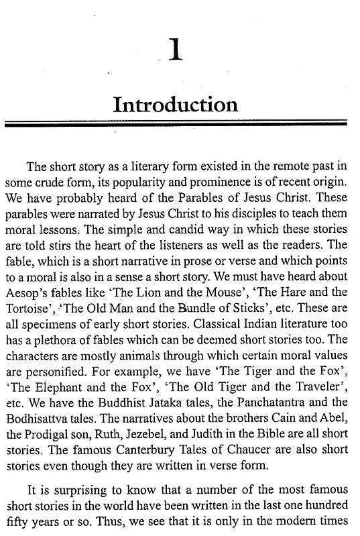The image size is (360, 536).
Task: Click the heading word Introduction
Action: point(175,105)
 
